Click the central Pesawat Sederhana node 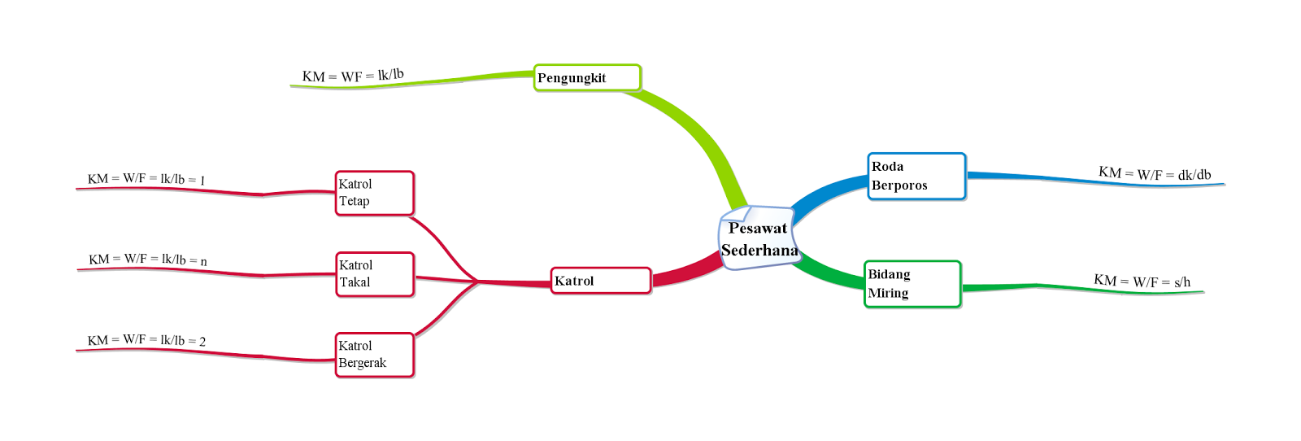point(758,238)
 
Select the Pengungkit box point(587,78)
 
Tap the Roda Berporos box point(916,176)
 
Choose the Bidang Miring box point(912,284)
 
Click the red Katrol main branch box point(601,281)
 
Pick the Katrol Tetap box point(375,193)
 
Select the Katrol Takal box point(375,274)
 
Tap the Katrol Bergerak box point(375,355)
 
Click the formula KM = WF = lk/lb point(353,76)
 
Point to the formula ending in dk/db point(1155,173)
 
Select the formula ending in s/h point(1142,282)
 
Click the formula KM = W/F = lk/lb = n point(148,260)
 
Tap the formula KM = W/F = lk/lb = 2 point(146,340)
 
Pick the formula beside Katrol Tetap point(146,179)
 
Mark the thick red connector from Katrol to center point(687,273)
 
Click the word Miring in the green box point(888,293)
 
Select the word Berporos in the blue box point(899,186)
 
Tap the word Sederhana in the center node point(759,251)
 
